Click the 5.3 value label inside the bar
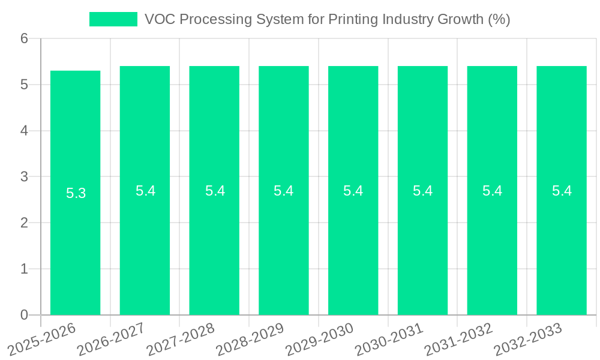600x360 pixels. tap(76, 193)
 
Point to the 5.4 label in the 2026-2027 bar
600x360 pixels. tap(145, 191)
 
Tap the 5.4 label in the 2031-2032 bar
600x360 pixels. tap(492, 191)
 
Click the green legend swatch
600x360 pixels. tap(113, 19)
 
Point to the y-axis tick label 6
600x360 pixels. tap(24, 39)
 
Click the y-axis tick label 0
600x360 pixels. tap(24, 315)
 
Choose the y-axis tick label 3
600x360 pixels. tap(24, 177)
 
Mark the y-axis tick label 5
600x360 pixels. tap(24, 85)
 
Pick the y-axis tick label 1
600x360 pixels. tap(24, 269)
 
